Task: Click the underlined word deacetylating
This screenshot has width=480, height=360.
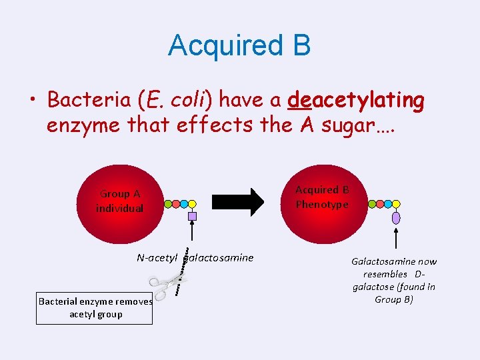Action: tap(355, 101)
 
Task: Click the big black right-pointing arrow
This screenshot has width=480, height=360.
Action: tap(238, 202)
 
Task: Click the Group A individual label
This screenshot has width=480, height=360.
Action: tap(119, 201)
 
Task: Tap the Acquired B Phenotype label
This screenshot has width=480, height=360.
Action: tap(322, 197)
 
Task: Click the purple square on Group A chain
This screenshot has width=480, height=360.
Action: tap(192, 216)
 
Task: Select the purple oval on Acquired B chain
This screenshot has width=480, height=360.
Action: tap(397, 217)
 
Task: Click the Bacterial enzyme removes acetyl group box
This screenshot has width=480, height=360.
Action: tap(94, 307)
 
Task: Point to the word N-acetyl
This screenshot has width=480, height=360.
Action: tap(157, 258)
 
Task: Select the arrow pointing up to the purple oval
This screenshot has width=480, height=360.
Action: tap(397, 238)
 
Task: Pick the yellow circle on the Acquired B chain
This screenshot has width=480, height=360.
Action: tap(397, 204)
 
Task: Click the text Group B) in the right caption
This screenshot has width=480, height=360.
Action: tap(393, 299)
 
